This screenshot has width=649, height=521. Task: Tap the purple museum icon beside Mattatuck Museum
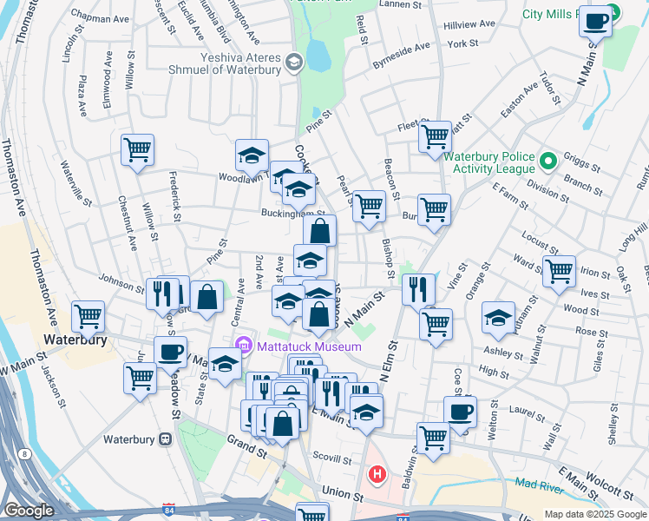[245, 347]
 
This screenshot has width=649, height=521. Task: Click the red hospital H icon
[377, 474]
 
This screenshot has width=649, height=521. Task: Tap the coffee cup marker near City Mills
[596, 21]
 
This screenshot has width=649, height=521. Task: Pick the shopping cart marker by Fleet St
[435, 136]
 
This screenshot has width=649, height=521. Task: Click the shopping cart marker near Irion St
[559, 271]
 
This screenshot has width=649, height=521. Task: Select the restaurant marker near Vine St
[420, 289]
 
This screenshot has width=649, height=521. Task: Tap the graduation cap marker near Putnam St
[498, 318]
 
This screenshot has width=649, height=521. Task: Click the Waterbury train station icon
[166, 439]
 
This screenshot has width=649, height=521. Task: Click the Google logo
[29, 511]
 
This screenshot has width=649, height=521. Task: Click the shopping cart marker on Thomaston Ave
[88, 317]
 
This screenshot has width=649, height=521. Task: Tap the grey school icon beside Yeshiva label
[293, 61]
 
